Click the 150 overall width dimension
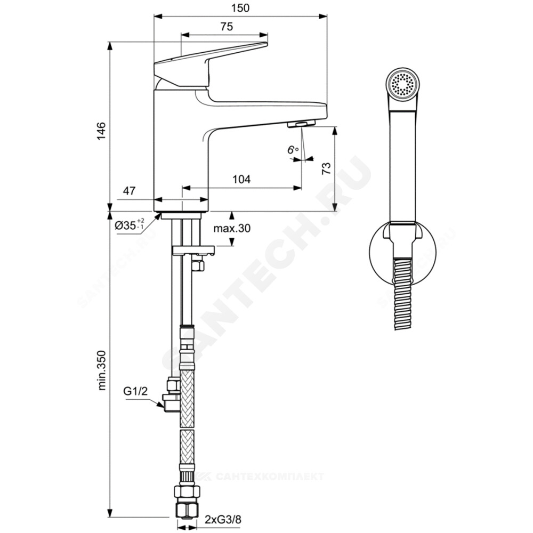click(240, 8)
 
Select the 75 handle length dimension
click(227, 27)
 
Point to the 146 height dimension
click(101, 131)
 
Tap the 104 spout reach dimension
click(241, 179)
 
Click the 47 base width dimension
click(129, 191)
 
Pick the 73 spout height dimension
click(326, 168)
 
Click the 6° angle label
click(293, 149)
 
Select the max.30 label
click(232, 228)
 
